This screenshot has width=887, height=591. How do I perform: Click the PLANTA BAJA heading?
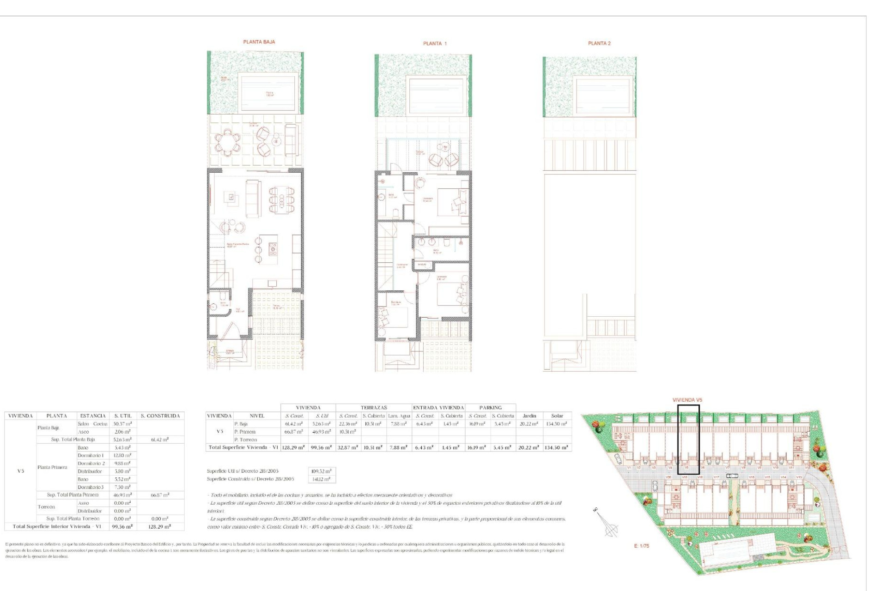[259, 42]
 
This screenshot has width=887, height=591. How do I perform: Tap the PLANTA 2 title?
[599, 43]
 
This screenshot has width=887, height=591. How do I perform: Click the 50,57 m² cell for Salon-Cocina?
[122, 424]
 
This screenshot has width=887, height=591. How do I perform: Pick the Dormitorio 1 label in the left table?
[91, 456]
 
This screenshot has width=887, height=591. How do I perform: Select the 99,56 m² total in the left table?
[122, 527]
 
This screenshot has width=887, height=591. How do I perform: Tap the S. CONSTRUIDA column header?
[160, 416]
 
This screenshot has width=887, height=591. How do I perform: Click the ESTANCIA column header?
[93, 416]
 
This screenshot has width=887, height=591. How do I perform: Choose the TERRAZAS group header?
[374, 408]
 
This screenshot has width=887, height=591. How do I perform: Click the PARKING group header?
[490, 408]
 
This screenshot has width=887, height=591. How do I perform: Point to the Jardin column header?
[529, 416]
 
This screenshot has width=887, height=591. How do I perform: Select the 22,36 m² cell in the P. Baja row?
[348, 424]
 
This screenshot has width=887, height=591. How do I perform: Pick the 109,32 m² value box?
[321, 471]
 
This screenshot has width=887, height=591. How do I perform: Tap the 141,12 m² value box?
[321, 479]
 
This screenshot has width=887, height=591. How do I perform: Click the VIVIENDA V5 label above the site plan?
[687, 400]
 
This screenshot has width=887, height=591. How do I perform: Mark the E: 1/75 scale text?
[641, 546]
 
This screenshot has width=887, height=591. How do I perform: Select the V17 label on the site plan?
[717, 477]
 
